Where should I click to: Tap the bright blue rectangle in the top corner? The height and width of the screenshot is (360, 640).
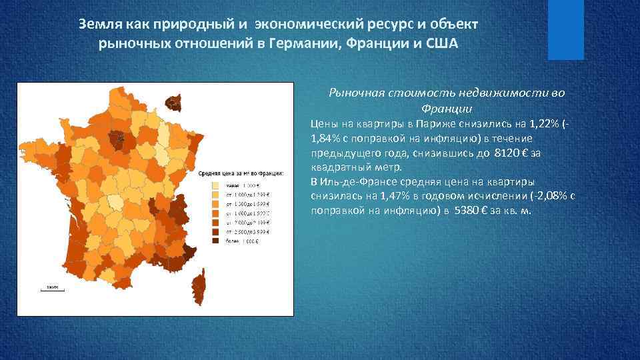565,29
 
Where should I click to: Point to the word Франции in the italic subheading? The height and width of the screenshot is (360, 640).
447,108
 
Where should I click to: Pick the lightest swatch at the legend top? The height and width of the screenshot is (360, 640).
216,185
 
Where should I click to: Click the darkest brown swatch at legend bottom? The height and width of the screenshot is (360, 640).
216,241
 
